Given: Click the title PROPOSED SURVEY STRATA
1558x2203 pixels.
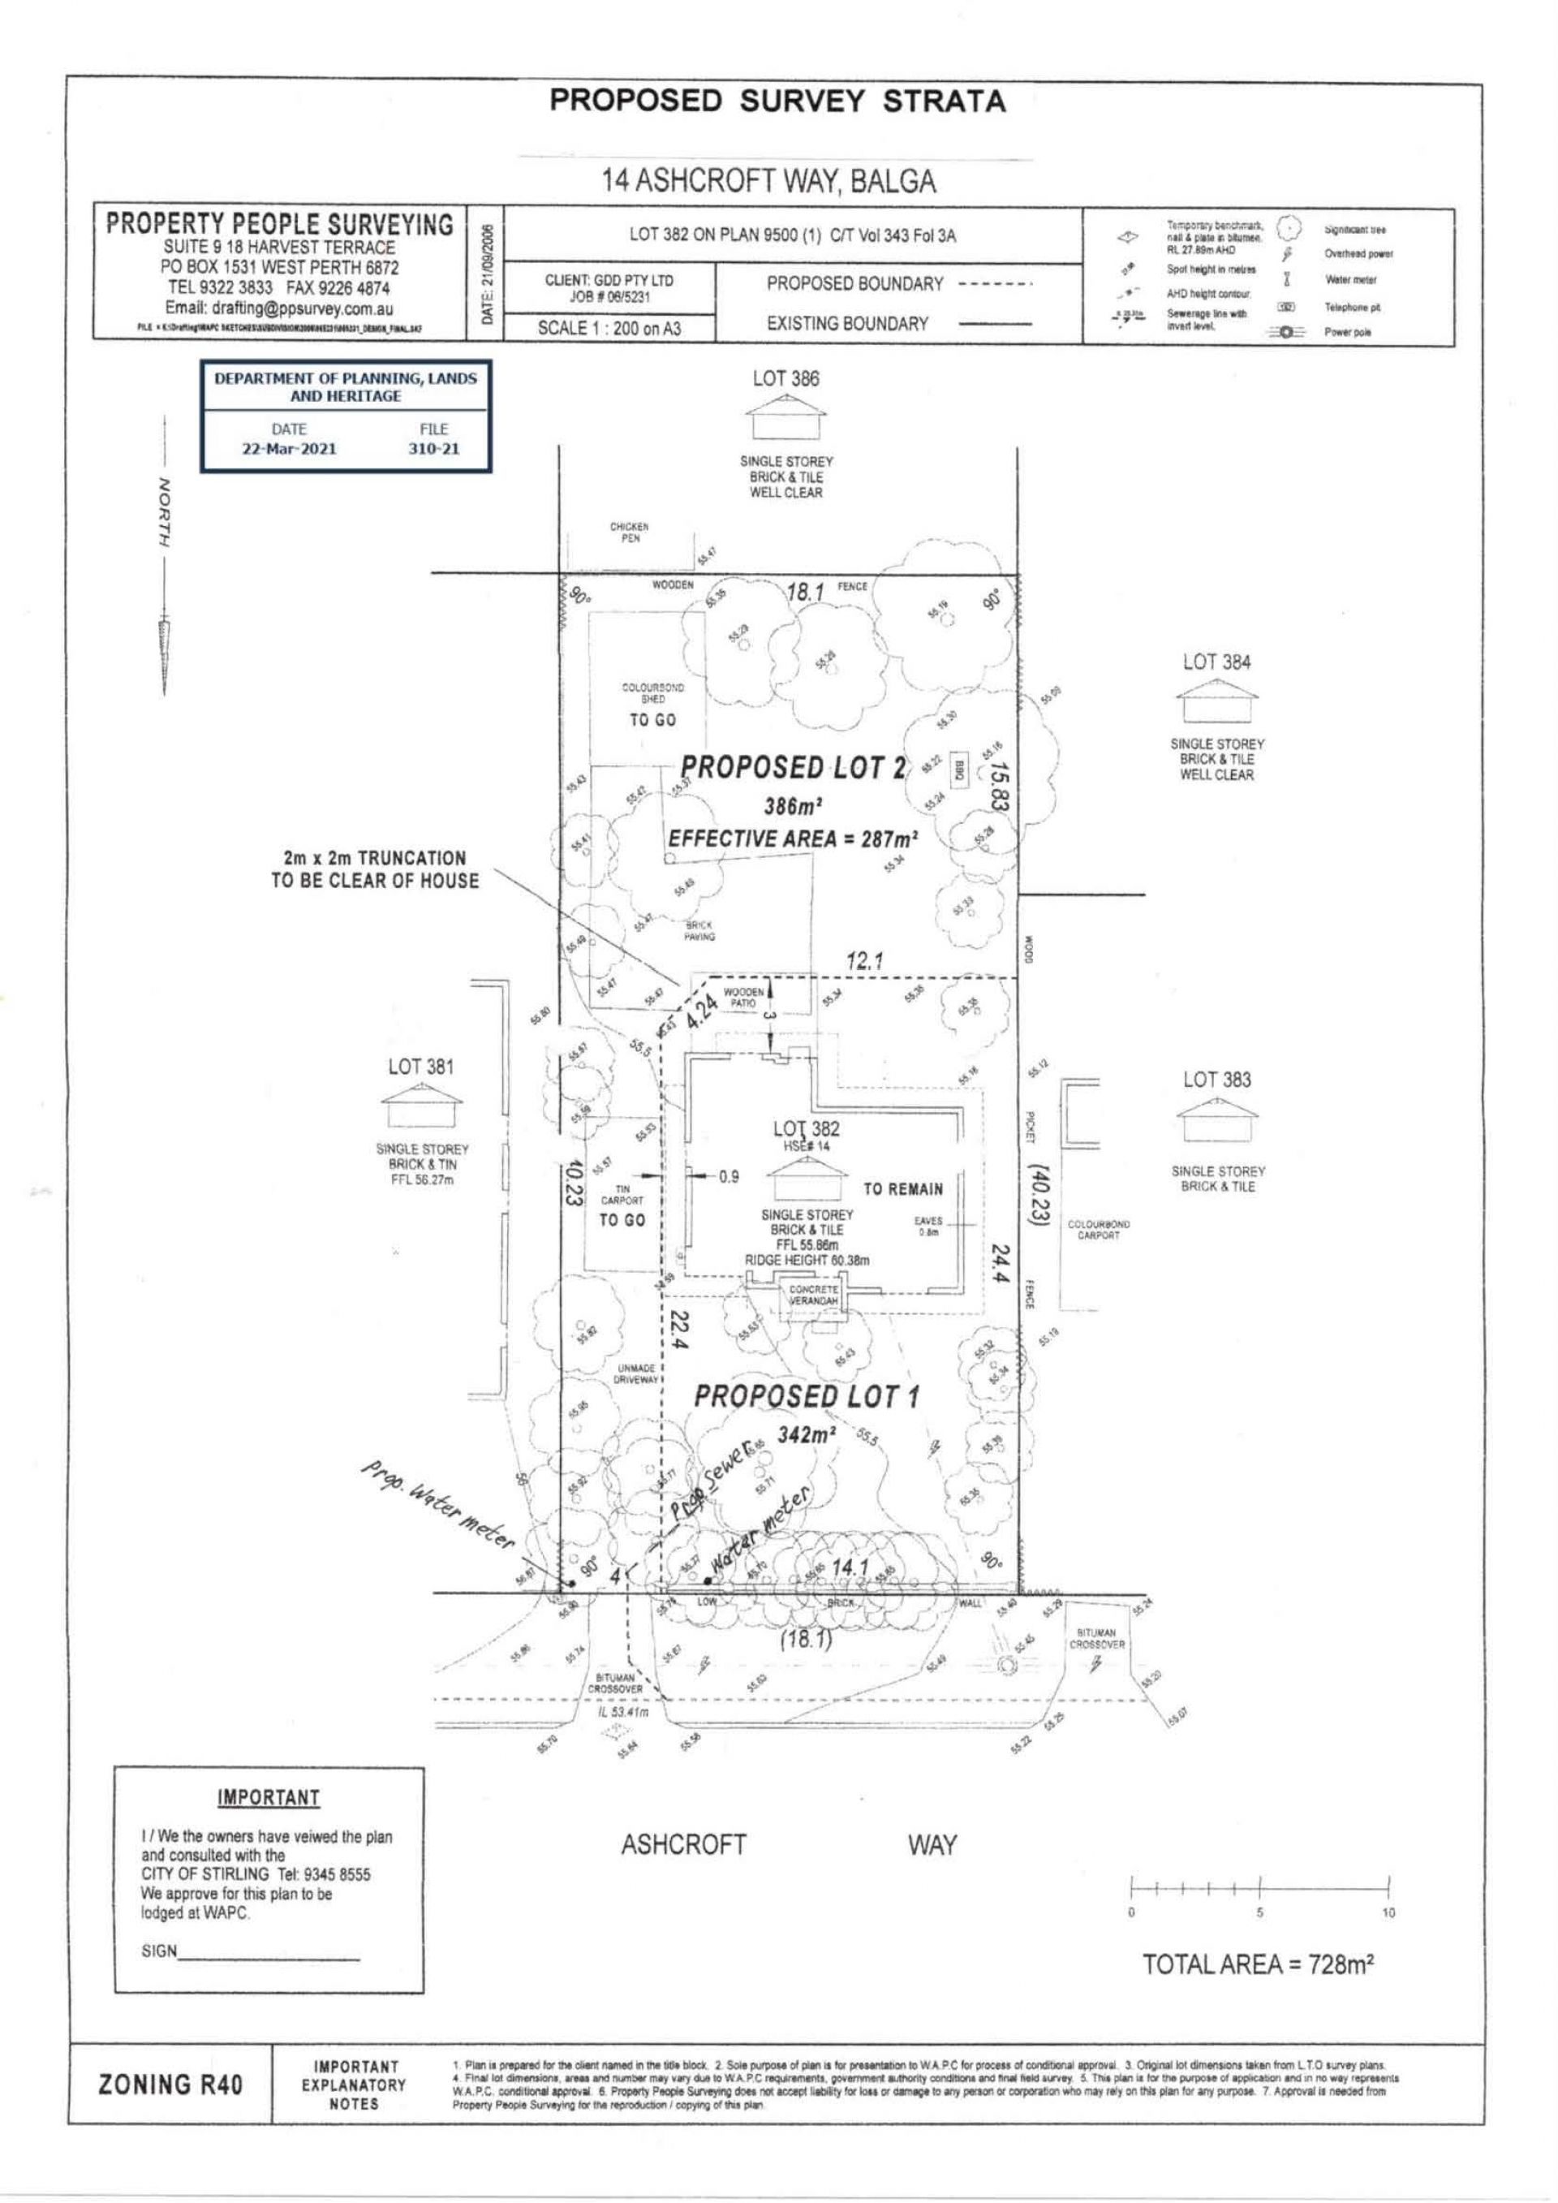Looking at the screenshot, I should (778, 101).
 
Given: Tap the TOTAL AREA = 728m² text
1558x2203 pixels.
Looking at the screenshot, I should (1259, 1964).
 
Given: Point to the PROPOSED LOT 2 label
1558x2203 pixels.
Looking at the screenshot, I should (793, 768).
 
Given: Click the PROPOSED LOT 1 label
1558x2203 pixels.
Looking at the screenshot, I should (806, 1396).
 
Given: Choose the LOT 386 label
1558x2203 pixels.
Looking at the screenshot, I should (785, 379).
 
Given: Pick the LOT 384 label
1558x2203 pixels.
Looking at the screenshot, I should (1216, 662).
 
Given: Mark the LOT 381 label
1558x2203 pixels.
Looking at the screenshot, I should (421, 1066).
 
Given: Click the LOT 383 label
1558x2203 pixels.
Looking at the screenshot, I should (1216, 1080).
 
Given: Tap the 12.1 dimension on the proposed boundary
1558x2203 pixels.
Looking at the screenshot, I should (865, 960).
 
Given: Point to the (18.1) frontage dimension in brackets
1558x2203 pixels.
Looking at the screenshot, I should (807, 1640).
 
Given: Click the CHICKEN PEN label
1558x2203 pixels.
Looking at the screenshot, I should (630, 532).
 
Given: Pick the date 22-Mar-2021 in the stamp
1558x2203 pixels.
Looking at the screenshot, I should (289, 448).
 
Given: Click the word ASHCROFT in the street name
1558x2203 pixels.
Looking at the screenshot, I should (683, 1845).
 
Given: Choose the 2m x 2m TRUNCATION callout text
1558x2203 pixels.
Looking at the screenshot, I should (374, 869).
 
